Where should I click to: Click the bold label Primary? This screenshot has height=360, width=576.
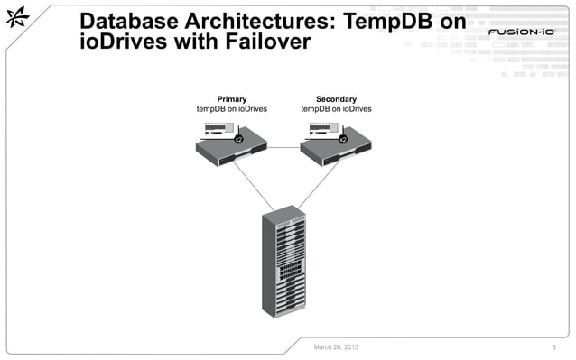[x=232, y=98]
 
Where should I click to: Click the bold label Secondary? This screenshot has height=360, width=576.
[x=336, y=98]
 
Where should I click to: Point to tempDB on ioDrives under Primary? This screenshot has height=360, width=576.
[x=232, y=109]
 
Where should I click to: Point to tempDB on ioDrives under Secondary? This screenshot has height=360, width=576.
[x=336, y=109]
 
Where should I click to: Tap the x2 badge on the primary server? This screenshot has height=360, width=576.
[x=238, y=140]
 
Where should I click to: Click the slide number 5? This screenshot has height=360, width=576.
[x=553, y=346]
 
